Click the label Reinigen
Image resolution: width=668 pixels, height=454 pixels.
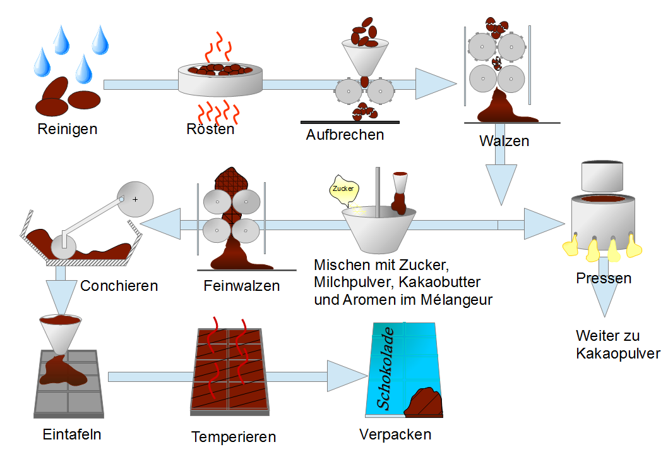[x=68, y=130]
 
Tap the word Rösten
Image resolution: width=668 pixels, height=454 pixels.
[x=210, y=130]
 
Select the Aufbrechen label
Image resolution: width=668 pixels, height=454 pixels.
[x=345, y=135]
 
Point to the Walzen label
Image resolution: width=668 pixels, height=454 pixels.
[x=504, y=140]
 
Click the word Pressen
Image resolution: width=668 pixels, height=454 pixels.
[x=604, y=278]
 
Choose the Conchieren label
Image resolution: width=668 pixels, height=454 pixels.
[x=119, y=286]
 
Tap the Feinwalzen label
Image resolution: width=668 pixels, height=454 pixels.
[x=242, y=286]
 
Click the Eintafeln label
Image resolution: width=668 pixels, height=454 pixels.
[x=72, y=434]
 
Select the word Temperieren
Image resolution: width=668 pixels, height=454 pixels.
[x=234, y=437]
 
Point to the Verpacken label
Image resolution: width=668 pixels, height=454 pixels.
[x=395, y=434]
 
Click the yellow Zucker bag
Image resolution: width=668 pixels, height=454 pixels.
[x=343, y=189]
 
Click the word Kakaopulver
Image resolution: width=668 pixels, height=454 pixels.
[x=618, y=353]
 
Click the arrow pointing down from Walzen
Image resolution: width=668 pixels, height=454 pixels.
[x=503, y=180]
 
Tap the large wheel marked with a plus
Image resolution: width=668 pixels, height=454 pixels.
[x=136, y=199]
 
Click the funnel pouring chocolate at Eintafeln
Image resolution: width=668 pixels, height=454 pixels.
[x=61, y=332]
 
